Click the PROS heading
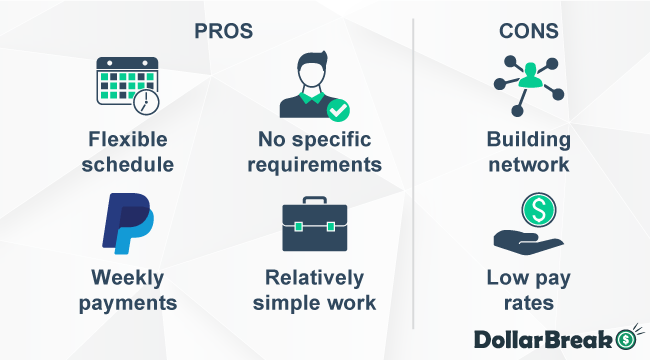224,31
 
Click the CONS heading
528,31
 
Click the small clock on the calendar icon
147,101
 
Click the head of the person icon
314,71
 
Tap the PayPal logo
127,223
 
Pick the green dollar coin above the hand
535,209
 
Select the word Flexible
127,139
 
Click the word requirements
314,164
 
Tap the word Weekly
127,277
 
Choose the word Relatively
314,277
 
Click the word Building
528,139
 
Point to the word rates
528,302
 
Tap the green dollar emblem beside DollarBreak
627,340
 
